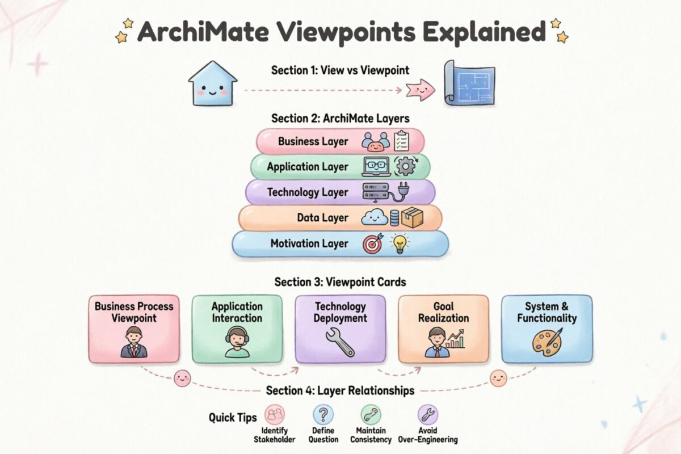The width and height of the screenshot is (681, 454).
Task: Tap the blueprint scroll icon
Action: (x=469, y=83)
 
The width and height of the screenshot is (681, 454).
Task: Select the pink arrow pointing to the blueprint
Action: (x=420, y=90)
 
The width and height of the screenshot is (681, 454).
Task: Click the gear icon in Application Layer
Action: (x=406, y=167)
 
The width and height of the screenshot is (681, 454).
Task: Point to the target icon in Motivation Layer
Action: (x=373, y=243)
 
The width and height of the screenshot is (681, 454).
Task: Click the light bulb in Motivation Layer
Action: (x=400, y=243)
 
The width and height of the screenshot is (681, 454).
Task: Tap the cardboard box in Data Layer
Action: (x=413, y=217)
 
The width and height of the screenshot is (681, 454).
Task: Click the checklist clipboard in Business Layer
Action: (x=401, y=141)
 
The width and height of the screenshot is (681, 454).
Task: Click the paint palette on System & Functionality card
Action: (x=547, y=342)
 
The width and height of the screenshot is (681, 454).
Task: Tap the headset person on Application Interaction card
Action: (x=237, y=342)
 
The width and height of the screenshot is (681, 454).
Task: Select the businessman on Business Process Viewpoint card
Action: (x=134, y=342)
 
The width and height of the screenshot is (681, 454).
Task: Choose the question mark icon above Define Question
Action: (x=323, y=414)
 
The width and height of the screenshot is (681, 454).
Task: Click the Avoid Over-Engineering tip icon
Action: (x=428, y=414)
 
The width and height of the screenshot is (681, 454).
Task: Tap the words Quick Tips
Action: (x=233, y=418)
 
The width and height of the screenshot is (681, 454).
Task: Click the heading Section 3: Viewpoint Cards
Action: (x=340, y=282)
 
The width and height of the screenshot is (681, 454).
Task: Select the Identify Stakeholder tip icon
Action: (x=275, y=414)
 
